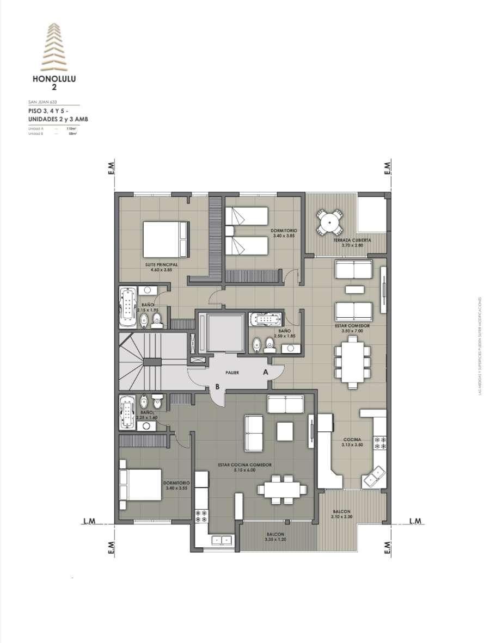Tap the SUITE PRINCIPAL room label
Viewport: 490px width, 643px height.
point(162,265)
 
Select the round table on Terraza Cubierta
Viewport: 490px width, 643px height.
point(329,222)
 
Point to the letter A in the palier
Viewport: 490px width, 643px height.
point(266,373)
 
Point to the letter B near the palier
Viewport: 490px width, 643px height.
point(217,387)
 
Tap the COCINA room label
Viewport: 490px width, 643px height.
point(350,440)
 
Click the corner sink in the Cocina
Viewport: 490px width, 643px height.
point(376,477)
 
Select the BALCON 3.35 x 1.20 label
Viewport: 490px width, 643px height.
point(274,537)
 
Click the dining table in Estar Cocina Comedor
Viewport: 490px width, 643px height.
point(281,488)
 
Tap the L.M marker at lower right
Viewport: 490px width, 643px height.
point(415,521)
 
